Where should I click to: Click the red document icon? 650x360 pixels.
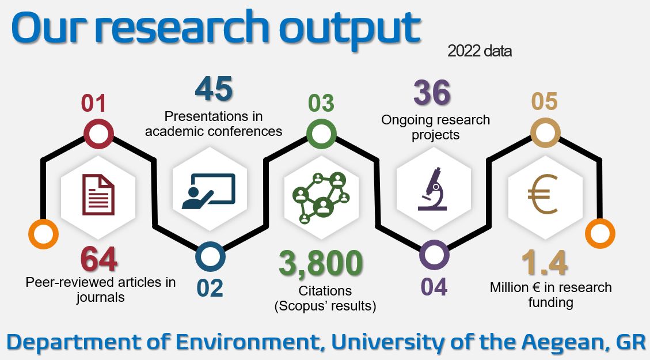[98, 195]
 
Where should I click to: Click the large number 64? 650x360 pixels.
[98, 259]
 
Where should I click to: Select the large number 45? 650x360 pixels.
[214, 88]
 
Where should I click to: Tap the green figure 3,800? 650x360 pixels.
[321, 263]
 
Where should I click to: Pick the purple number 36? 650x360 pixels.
[432, 92]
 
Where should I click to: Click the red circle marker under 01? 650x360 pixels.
[98, 134]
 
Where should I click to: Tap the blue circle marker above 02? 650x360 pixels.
[210, 257]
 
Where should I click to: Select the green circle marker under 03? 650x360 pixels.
[321, 134]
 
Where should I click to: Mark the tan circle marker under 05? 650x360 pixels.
[546, 132]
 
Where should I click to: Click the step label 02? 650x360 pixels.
[210, 288]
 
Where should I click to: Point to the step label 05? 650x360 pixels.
[545, 101]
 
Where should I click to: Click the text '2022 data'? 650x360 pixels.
[480, 51]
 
